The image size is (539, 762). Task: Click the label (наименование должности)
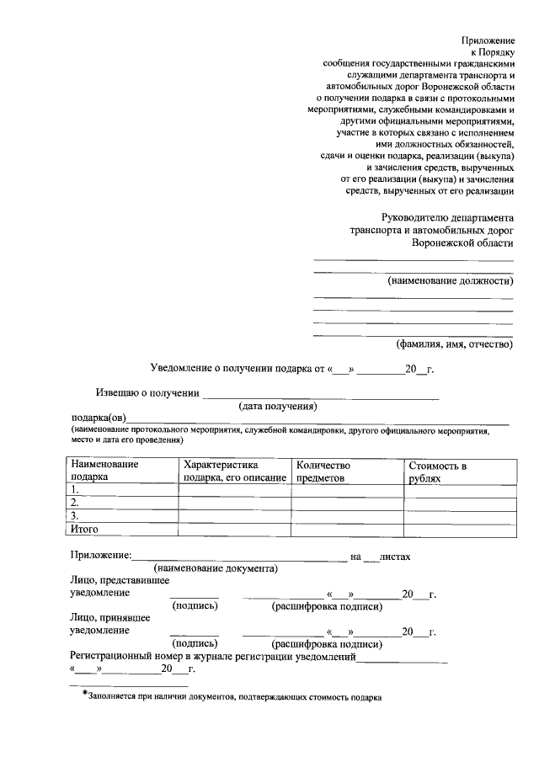[x=450, y=280]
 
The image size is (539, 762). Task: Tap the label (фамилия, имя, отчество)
[x=454, y=344]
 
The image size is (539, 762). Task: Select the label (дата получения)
[x=277, y=406]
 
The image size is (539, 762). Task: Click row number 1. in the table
[x=76, y=490]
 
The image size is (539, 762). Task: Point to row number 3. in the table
[x=76, y=516]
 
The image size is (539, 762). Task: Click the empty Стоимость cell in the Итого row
[x=460, y=530]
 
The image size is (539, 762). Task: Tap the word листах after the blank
[x=394, y=557]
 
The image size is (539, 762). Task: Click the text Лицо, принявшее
[x=109, y=617]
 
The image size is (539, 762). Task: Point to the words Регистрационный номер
[x=125, y=656]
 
